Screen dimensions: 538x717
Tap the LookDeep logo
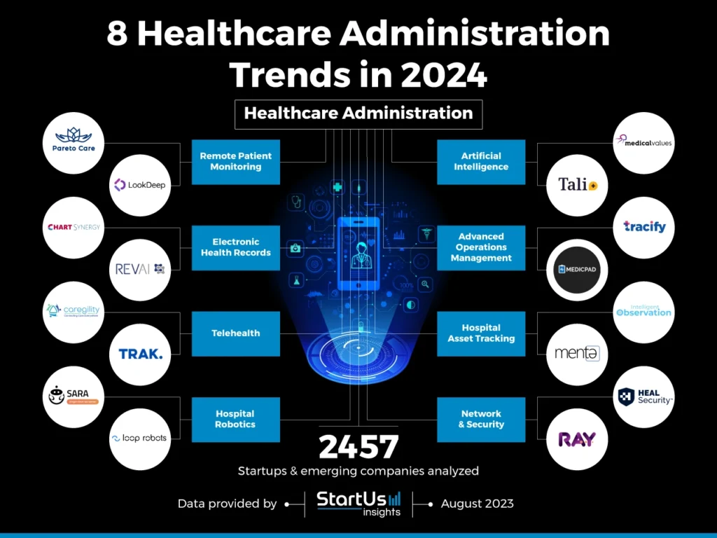pos(140,185)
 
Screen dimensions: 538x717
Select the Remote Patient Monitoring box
pos(236,162)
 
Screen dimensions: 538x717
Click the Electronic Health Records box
pos(236,247)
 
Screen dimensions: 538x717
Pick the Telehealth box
pos(236,333)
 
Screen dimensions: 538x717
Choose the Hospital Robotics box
pos(236,419)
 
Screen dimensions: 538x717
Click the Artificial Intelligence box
pos(481,162)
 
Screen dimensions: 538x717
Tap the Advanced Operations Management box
pos(481,247)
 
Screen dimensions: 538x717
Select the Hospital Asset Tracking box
pos(481,333)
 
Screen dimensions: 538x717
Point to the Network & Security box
pos(481,419)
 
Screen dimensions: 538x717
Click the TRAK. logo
pos(140,354)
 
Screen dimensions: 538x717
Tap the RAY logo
pos(576,439)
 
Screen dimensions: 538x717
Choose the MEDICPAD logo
pos(576,269)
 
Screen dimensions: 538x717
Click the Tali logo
pos(576,185)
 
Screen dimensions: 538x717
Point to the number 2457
pos(358,447)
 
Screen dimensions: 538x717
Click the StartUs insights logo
pos(358,503)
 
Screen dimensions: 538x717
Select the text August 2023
pos(478,503)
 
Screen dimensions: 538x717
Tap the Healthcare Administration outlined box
pos(358,113)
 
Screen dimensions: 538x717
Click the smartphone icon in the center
pos(358,253)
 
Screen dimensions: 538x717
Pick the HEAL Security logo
pos(644,397)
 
